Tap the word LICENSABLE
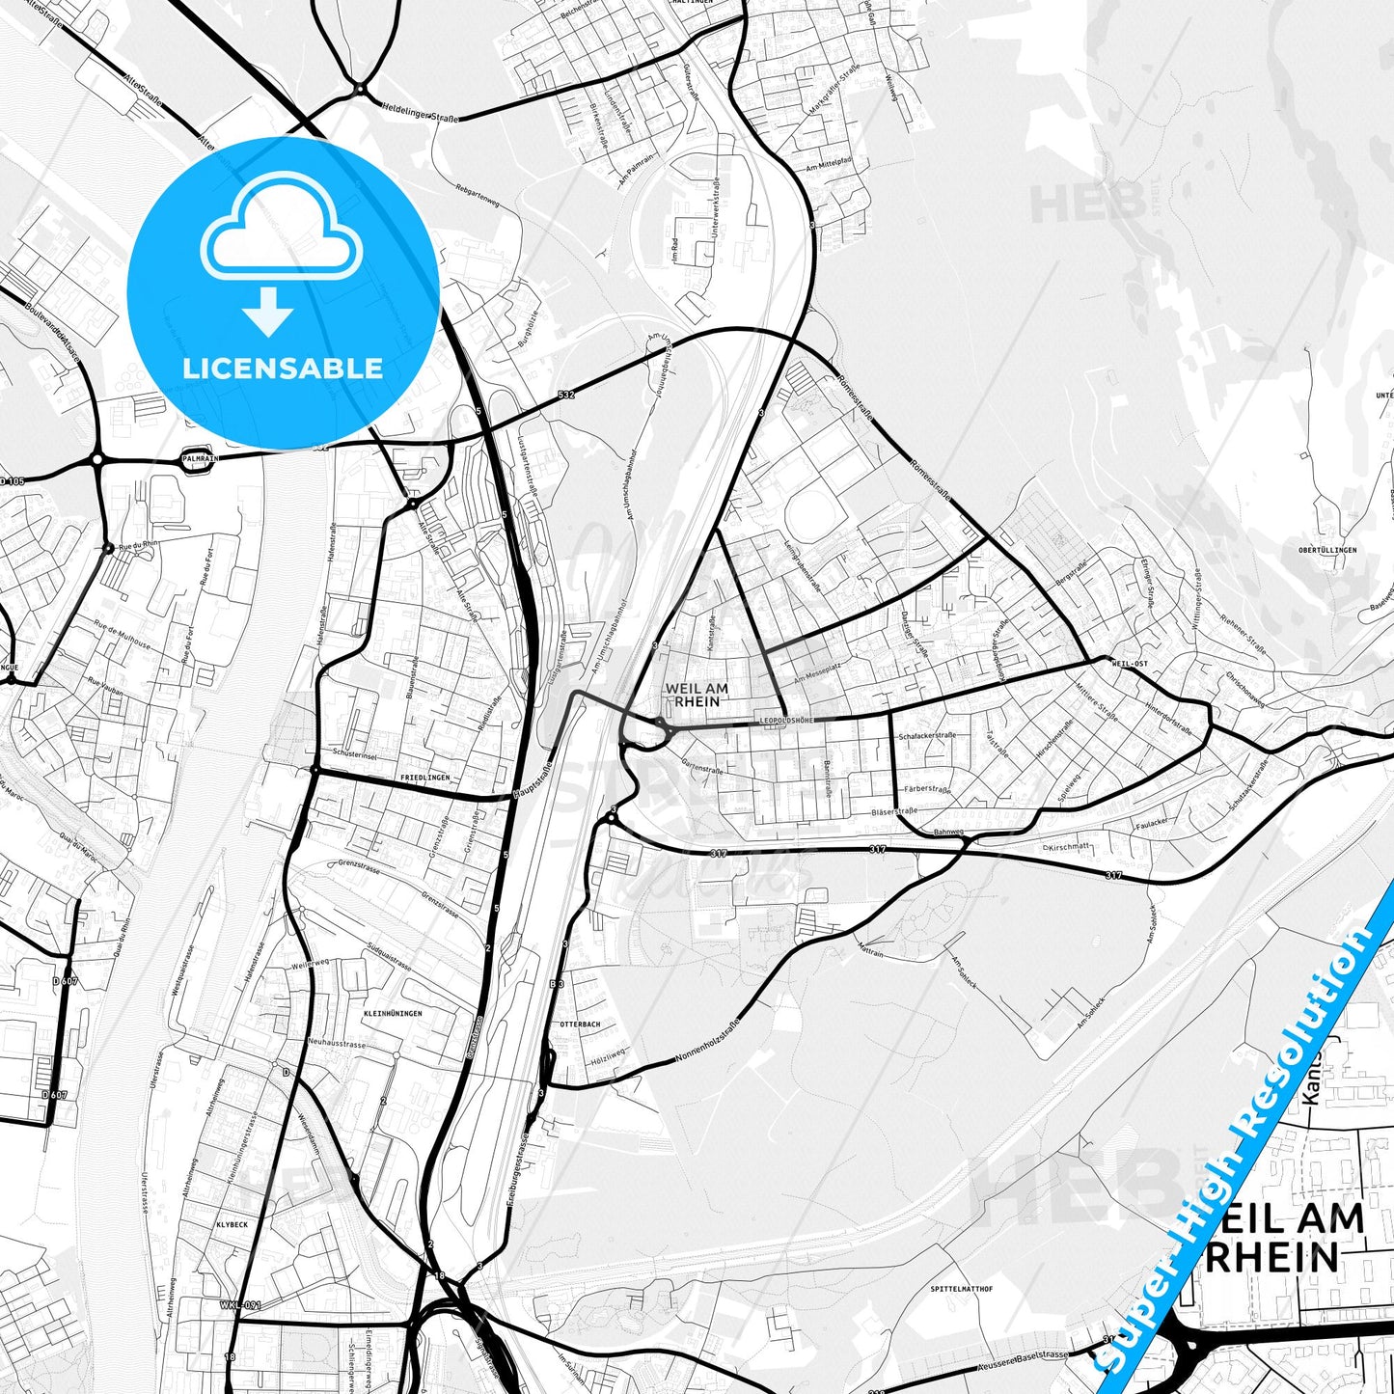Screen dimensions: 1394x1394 coord(283,368)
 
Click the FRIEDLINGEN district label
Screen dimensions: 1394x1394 coord(424,777)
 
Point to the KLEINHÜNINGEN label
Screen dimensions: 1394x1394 coord(393,1013)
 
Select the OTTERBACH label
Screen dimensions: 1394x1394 coord(580,1024)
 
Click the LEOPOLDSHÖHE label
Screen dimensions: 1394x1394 coord(786,721)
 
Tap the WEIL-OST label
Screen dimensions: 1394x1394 coord(1130,665)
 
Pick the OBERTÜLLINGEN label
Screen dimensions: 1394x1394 coord(1327,550)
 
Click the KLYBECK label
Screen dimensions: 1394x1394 coord(232,1224)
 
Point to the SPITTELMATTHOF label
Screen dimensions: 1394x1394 coord(962,1289)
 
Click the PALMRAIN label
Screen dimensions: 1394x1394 coord(199,459)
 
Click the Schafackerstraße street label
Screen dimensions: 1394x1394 coord(926,737)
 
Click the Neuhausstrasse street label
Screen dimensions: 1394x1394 coord(337,1045)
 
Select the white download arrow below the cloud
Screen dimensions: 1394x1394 coord(268,311)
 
